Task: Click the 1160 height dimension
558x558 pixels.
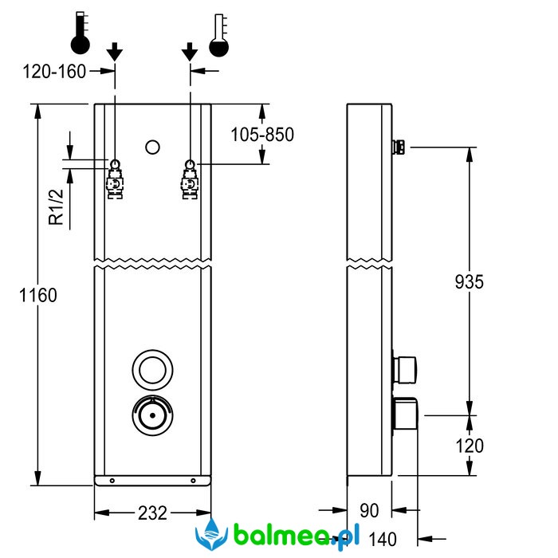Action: (38, 295)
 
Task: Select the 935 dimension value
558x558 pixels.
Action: (469, 281)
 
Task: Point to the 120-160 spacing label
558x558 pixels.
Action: (54, 72)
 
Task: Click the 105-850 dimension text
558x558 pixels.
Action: (262, 134)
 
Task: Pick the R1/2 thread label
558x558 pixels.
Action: (55, 206)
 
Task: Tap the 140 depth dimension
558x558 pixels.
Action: (382, 540)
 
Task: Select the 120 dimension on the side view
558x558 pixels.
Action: (469, 446)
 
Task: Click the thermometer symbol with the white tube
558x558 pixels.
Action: (219, 33)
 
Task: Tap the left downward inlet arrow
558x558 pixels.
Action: (115, 52)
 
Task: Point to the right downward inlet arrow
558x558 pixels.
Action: (189, 52)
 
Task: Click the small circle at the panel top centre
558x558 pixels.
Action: (153, 147)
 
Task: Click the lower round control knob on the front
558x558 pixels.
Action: (152, 415)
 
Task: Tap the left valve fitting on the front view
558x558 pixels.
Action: (116, 180)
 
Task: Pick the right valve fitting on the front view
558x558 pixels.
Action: (191, 180)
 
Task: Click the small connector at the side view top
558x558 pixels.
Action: (399, 147)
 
